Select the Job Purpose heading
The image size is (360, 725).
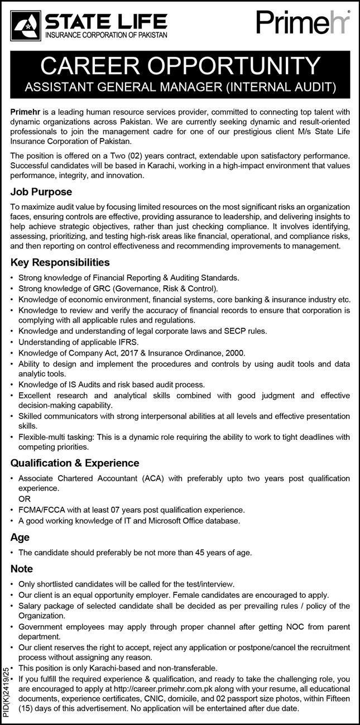(41, 192)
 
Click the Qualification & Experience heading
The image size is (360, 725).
(75, 463)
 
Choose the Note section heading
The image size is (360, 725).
(22, 569)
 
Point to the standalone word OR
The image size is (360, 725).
(25, 498)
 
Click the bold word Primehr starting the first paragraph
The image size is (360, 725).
(27, 112)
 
